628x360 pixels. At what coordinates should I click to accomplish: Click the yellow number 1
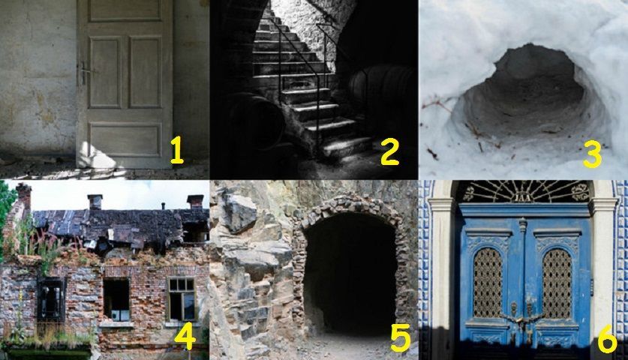(x=176, y=150)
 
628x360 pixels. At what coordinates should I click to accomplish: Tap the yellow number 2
(x=389, y=151)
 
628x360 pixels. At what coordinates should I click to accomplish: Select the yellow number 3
(x=592, y=154)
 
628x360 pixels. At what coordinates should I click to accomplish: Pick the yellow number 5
(x=401, y=337)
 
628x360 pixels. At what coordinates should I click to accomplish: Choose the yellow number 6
(x=607, y=339)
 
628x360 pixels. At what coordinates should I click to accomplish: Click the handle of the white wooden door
(x=85, y=72)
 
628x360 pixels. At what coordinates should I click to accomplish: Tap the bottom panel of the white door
(x=125, y=139)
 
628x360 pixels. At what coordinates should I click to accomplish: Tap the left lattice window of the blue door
(x=488, y=283)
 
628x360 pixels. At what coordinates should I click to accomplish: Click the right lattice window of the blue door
(x=557, y=283)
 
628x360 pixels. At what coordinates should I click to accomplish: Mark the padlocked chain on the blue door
(x=521, y=318)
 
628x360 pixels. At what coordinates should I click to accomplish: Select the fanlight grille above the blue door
(x=523, y=191)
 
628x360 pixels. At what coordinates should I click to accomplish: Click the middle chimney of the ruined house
(x=95, y=202)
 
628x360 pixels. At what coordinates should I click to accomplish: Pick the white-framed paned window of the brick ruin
(x=182, y=299)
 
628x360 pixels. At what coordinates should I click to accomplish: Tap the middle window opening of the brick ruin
(x=116, y=299)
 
